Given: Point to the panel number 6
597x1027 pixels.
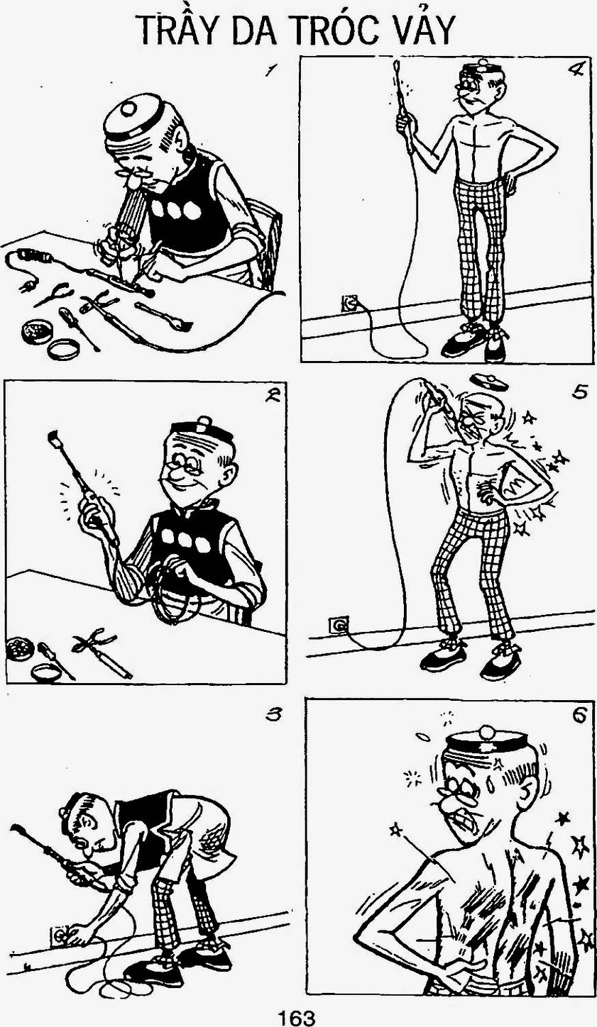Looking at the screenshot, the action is pos(579,715).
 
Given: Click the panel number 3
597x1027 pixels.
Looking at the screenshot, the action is pos(273,714).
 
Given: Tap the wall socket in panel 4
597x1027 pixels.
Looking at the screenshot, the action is pos(350,303).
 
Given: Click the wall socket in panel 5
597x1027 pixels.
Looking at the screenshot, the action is pos(338,625).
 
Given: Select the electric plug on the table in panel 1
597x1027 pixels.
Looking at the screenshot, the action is pos(27,287).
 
